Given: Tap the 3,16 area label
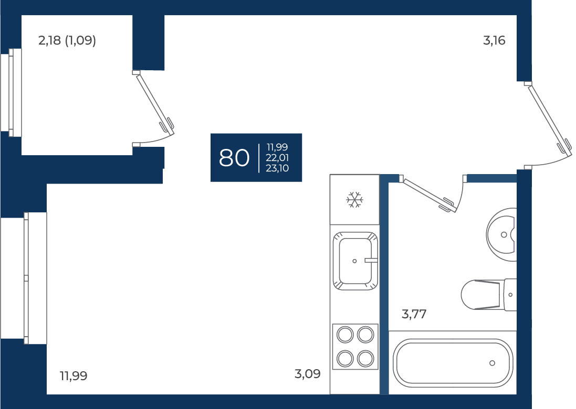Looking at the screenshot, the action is [x=494, y=40].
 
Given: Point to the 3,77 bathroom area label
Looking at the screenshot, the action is [x=414, y=315].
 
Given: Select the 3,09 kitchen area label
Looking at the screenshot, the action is [x=308, y=374].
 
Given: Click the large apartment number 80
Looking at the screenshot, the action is [x=234, y=158].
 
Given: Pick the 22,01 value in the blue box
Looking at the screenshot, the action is [x=277, y=158].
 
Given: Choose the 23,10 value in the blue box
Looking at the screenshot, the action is [x=277, y=168].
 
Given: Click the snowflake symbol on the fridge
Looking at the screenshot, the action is [x=354, y=200].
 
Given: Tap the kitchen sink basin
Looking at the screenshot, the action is [x=355, y=261].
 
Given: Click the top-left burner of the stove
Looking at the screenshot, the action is [x=345, y=335].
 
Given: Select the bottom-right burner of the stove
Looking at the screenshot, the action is [x=365, y=358].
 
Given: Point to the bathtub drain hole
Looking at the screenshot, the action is [x=492, y=363].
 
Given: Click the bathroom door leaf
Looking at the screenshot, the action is [x=428, y=194].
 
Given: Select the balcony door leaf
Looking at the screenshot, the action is [x=153, y=102].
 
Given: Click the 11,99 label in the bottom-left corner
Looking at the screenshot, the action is [x=74, y=376].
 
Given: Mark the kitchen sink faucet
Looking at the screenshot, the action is [x=371, y=261].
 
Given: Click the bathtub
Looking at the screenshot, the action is [x=453, y=363].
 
